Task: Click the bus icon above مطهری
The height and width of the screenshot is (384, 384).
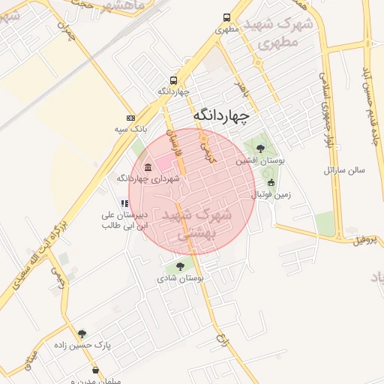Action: [227, 18]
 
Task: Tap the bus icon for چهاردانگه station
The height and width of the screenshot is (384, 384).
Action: [174, 80]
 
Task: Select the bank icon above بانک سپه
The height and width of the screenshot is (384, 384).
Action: [131, 118]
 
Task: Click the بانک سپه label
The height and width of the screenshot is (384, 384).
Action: [128, 130]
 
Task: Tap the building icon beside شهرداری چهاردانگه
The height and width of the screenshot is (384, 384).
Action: [148, 166]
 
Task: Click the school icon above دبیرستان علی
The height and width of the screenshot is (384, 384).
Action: [124, 202]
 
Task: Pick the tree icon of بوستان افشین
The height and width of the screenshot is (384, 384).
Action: [260, 148]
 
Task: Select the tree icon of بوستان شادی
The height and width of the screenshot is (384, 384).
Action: [180, 265]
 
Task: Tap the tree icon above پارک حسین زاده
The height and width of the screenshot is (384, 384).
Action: [82, 334]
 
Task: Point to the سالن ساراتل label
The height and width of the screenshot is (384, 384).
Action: [344, 170]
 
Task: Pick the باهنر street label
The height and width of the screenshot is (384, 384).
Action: [241, 91]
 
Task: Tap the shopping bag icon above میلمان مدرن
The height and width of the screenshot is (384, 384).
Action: [95, 370]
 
